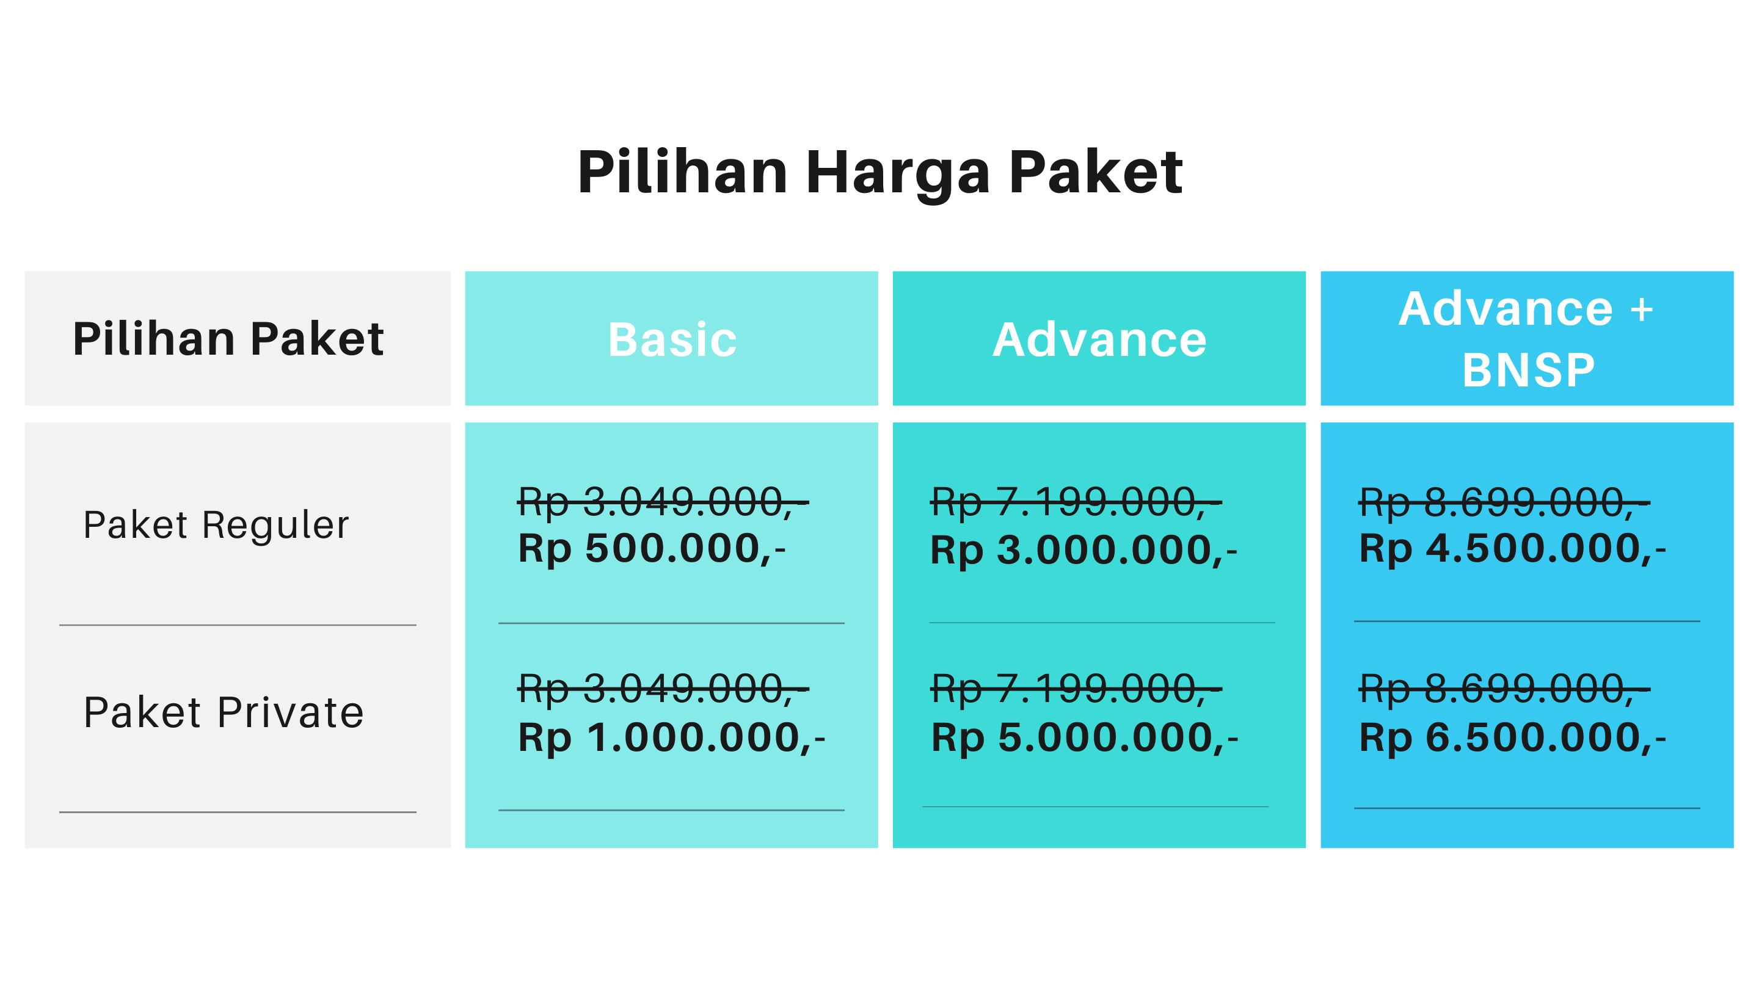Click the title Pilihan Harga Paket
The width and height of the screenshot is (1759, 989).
[x=879, y=174]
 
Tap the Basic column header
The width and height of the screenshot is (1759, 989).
[x=672, y=339]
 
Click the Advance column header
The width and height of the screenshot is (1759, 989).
[x=1099, y=339]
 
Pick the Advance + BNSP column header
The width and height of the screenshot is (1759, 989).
[x=1527, y=339]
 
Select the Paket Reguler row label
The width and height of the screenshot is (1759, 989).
[x=216, y=526]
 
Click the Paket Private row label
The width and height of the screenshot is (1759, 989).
[x=224, y=712]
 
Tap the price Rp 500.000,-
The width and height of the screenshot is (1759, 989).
[x=652, y=549]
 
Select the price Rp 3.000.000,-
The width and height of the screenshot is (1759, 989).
[x=1083, y=550]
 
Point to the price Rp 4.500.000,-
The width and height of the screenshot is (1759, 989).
[x=1512, y=549]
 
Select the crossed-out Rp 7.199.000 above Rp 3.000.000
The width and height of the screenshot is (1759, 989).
[x=1076, y=503]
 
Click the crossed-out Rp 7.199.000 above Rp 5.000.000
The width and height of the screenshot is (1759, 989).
[x=1076, y=689]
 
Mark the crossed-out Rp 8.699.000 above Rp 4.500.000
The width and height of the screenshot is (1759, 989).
[x=1504, y=503]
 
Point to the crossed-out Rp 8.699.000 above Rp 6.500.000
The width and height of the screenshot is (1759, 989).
[x=1504, y=689]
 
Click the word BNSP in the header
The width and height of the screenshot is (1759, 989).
[x=1528, y=371]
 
